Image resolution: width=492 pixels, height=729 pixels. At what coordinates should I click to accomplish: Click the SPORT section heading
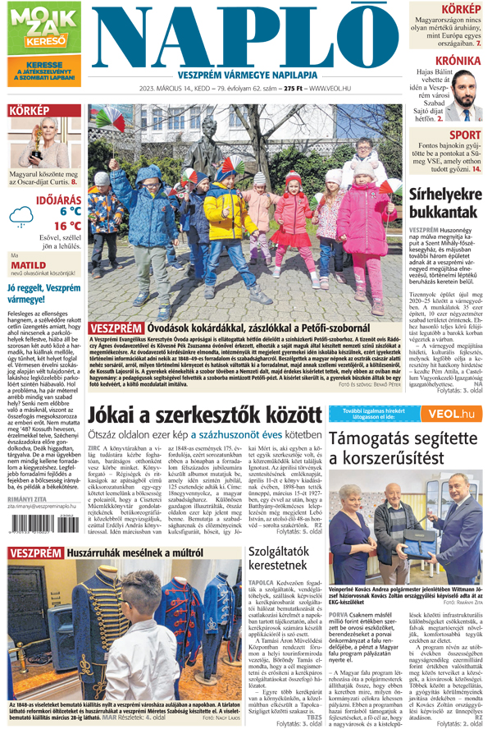466,135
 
